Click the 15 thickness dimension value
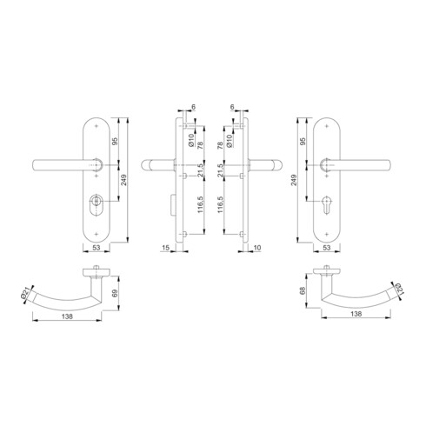click(165, 248)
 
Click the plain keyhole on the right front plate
click(329, 210)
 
